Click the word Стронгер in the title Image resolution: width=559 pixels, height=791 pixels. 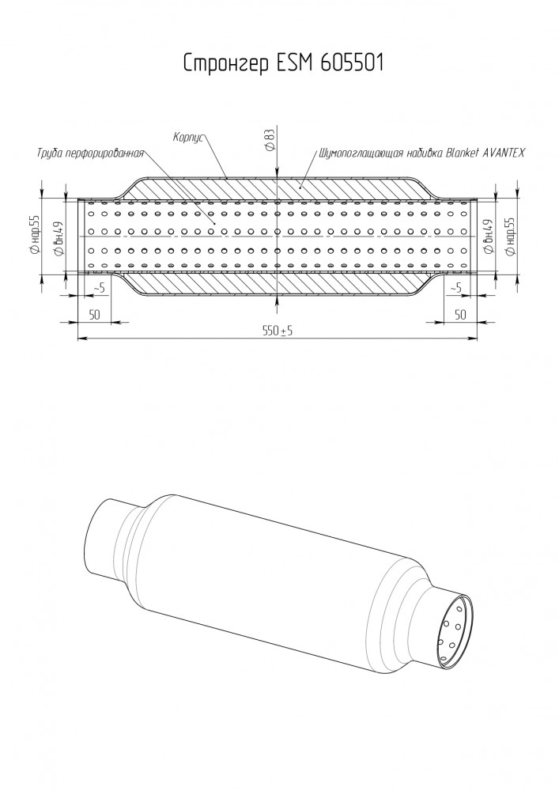point(226,63)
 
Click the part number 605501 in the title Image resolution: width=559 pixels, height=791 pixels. point(352,62)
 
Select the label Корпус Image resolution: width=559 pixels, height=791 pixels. point(187,137)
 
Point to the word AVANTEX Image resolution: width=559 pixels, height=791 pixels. point(504,153)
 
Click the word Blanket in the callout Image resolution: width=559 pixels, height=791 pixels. point(462,153)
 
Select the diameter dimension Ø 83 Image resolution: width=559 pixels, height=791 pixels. point(270,139)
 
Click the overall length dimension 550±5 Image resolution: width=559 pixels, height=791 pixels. point(278,331)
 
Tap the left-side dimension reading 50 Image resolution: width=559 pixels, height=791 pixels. point(94,315)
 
